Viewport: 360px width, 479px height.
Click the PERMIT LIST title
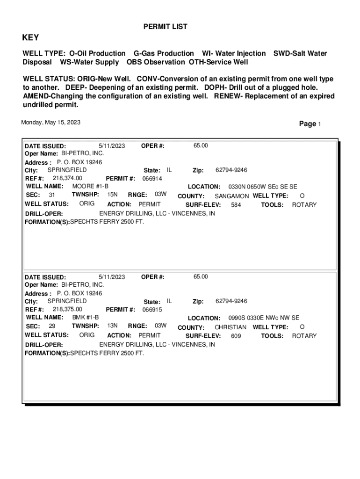[165, 27]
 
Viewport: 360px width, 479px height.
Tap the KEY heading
[31, 37]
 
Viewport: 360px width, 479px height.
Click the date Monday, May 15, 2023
[51, 123]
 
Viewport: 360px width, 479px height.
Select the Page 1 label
[310, 124]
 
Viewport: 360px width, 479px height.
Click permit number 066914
[152, 178]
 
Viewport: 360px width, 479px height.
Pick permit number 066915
[152, 309]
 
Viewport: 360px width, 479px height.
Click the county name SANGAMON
[231, 196]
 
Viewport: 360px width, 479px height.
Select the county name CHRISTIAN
[230, 327]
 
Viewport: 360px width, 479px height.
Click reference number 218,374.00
[67, 178]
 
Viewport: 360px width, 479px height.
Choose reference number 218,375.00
[67, 309]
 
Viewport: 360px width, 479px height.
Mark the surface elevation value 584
[236, 204]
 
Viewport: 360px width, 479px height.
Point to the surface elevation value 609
[236, 335]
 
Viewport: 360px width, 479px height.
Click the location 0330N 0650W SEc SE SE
[262, 186]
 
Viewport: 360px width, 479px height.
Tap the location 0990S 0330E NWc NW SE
[264, 317]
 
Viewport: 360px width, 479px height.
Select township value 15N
[112, 194]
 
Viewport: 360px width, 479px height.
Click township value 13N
[112, 325]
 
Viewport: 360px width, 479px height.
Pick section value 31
[52, 195]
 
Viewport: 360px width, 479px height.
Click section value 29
[52, 326]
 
